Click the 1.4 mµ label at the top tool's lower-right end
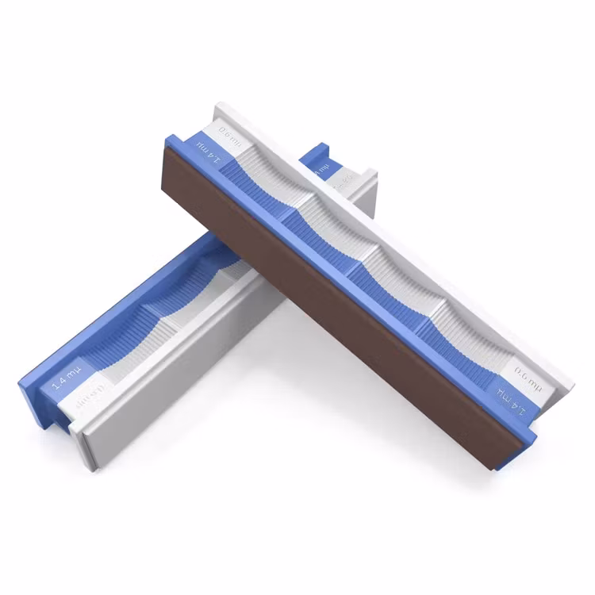pyautogui.click(x=508, y=397)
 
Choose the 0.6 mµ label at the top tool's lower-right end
pyautogui.click(x=524, y=370)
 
